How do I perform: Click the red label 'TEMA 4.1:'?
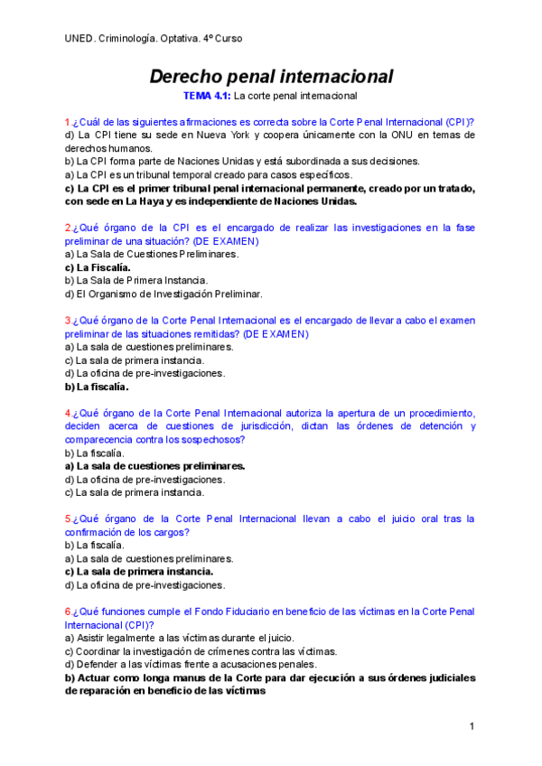(x=207, y=95)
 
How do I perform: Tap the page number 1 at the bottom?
(x=472, y=726)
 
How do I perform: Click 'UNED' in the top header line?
(x=79, y=39)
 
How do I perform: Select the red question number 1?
(x=68, y=122)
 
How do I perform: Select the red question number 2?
(x=68, y=228)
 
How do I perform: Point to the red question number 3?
(x=68, y=321)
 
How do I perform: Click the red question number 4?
(x=68, y=413)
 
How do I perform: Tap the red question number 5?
(x=68, y=519)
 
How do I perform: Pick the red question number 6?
(x=68, y=612)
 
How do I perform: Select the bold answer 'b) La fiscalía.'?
(x=97, y=387)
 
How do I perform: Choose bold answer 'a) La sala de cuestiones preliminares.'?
(x=154, y=466)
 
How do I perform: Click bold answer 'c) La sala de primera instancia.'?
(x=139, y=572)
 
